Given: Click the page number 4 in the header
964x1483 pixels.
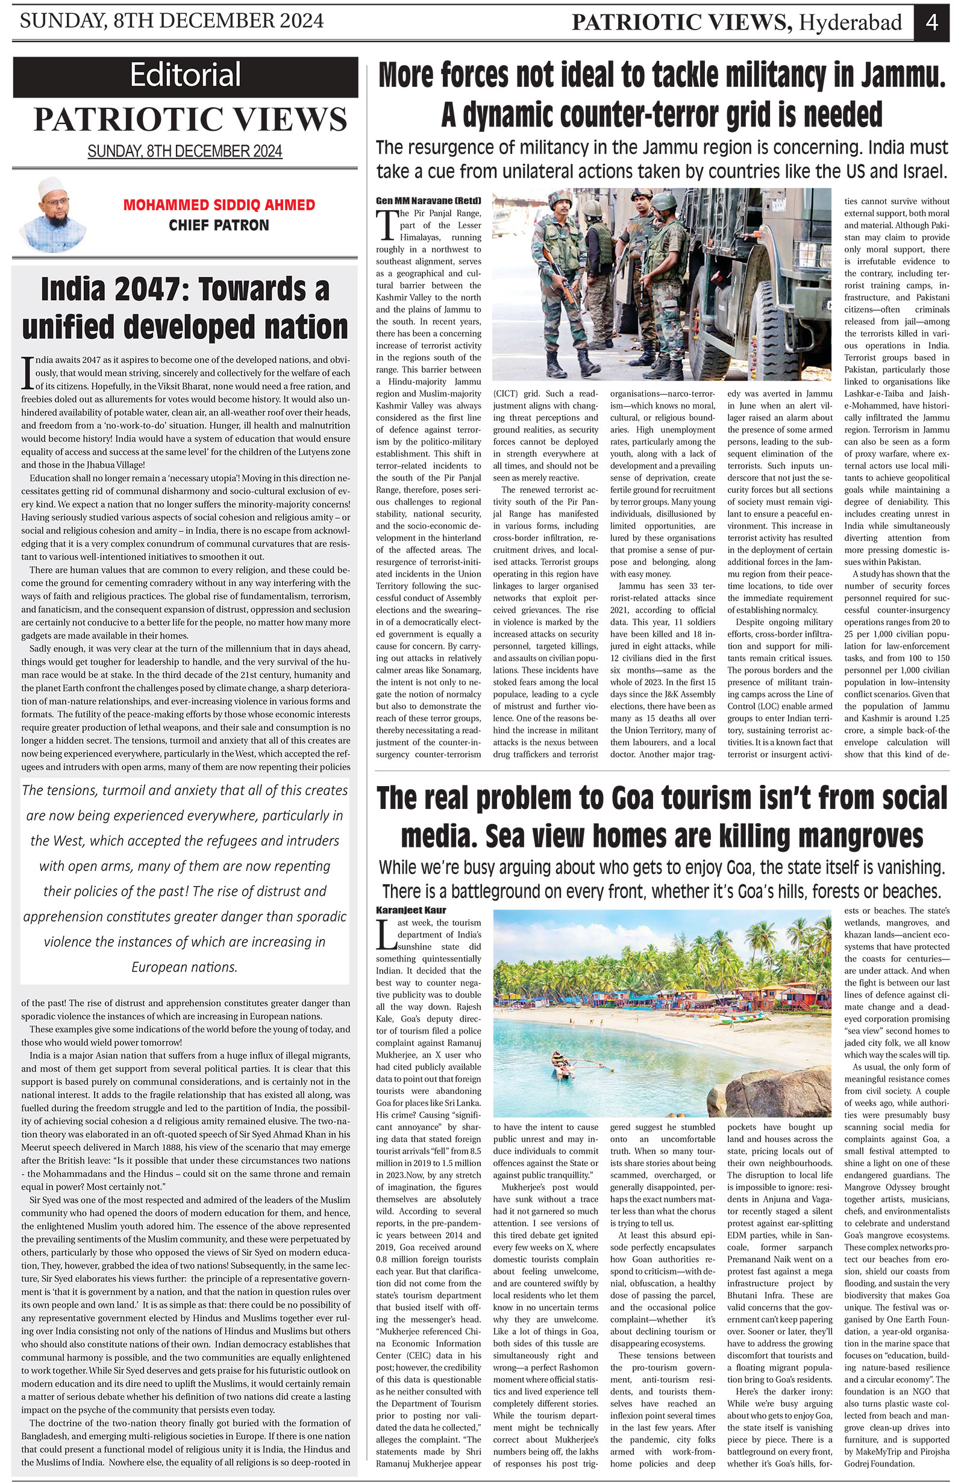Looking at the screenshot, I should pyautogui.click(x=931, y=22).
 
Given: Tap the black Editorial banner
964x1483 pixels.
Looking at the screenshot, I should pyautogui.click(x=185, y=76).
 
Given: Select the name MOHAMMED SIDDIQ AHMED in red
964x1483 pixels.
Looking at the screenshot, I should pyautogui.click(x=219, y=205).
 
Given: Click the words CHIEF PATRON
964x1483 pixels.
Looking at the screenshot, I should pyautogui.click(x=219, y=225).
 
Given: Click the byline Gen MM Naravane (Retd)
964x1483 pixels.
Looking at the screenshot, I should pyautogui.click(x=428, y=201).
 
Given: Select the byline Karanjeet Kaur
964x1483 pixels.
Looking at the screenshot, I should pyautogui.click(x=411, y=910).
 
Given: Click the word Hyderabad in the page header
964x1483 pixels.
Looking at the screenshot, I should pyautogui.click(x=851, y=23).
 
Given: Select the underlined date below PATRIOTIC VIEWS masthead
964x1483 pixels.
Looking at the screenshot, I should pyautogui.click(x=184, y=151).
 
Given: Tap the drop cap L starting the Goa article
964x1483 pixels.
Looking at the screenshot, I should pyautogui.click(x=386, y=935).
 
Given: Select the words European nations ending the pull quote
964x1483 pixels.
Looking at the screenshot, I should pyautogui.click(x=184, y=967).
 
